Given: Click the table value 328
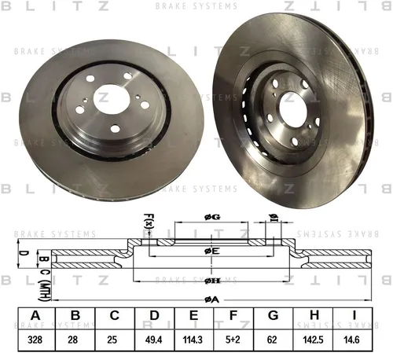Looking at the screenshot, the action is point(35,340).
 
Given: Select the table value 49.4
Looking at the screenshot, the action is point(154,340).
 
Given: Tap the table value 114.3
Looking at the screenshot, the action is point(193,340).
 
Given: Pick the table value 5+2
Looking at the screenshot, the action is point(233,340).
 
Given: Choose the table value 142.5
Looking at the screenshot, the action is point(313,340).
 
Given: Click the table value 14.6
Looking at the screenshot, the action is point(351,340).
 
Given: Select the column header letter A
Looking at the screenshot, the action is point(35,315).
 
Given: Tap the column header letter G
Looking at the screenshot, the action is point(273,315).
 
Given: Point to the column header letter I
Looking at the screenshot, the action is point(354,315).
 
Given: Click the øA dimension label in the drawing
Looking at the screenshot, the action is point(211,300).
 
